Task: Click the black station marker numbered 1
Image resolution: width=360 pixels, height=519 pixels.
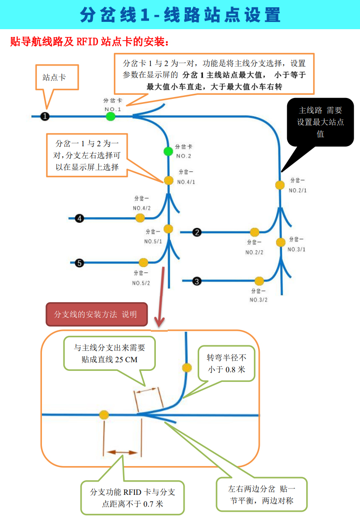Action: click(45, 117)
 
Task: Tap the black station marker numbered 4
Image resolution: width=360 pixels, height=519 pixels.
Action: click(79, 218)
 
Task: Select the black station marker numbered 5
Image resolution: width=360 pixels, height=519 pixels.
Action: click(79, 263)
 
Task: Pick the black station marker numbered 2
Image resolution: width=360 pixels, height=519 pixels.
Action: click(197, 232)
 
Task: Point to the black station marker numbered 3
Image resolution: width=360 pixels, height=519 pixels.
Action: click(197, 281)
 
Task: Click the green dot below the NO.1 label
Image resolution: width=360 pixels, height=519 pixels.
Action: click(111, 117)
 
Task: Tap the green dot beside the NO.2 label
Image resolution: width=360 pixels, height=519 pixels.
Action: click(169, 152)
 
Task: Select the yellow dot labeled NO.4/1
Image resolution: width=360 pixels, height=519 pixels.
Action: click(169, 180)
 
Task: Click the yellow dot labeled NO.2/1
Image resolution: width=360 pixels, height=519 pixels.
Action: click(280, 185)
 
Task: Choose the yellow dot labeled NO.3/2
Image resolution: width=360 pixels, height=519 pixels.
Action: click(259, 281)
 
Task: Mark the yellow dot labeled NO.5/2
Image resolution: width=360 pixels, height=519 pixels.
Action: click(144, 263)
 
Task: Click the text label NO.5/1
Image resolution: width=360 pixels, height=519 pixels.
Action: click(153, 242)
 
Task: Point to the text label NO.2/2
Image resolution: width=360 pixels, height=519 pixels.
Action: click(254, 252)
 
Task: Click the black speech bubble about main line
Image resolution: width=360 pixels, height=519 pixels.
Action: click(320, 122)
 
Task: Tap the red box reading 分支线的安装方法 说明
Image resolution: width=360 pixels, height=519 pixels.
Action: click(97, 314)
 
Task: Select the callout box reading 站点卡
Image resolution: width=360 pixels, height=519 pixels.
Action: click(57, 77)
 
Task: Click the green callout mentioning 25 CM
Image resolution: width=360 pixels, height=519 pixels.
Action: click(109, 354)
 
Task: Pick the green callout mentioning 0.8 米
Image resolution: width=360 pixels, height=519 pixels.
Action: click(226, 364)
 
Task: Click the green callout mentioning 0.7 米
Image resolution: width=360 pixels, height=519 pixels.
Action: click(132, 498)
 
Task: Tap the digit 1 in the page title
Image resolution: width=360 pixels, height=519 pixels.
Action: click(144, 15)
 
